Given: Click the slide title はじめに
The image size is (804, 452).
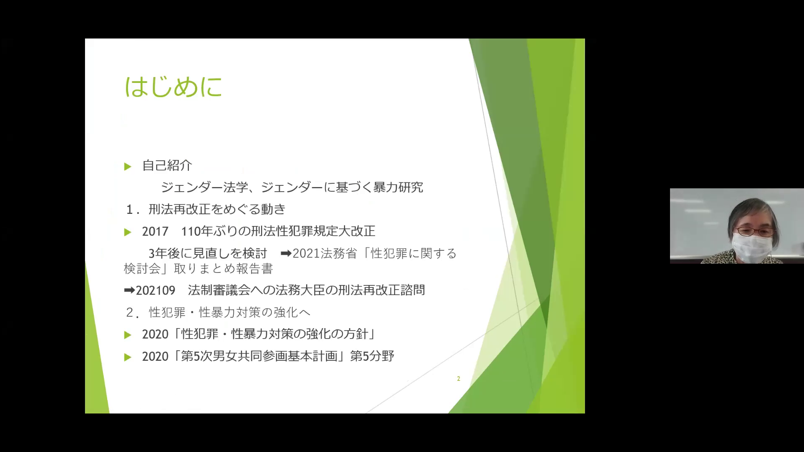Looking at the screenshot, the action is coord(173,87).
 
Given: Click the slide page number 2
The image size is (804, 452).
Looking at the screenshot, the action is coord(459,379).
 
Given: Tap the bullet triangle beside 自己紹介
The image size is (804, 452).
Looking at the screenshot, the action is coord(128,167).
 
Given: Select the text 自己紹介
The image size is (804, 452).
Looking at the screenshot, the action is coord(167,165).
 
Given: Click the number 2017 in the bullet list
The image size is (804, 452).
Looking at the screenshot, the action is coord(155,231).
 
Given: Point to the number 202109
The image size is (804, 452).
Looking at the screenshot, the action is coord(155,290).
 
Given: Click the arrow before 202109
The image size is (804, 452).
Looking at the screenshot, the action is coord(129,290).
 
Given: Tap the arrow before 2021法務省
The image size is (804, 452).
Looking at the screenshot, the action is coord(286,253).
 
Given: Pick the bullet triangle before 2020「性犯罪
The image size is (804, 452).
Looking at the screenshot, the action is coord(128,335).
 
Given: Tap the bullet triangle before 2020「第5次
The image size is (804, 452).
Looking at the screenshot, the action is coord(128,357).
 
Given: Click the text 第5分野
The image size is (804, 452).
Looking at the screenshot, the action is coord(372,356).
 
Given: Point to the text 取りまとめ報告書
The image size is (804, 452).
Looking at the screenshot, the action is coord(224,268).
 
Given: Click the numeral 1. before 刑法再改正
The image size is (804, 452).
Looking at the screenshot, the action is coord(133,210).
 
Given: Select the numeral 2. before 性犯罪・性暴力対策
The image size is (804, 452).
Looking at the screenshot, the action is coord(133,313).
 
